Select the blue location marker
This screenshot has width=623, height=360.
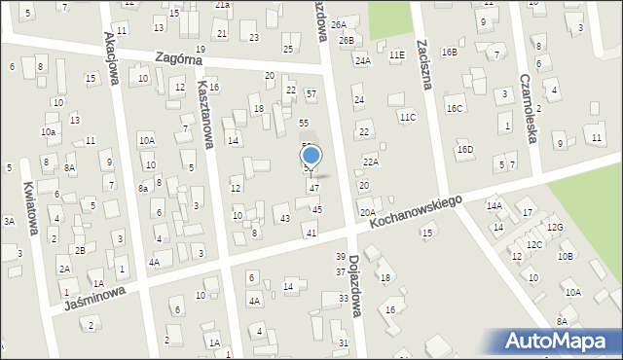[311, 155]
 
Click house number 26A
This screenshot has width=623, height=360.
[339, 24]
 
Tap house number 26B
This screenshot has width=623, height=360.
[347, 41]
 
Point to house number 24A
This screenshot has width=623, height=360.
[362, 60]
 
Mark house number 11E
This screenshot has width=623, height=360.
[396, 55]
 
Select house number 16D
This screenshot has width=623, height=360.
[465, 149]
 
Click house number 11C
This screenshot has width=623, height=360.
[408, 117]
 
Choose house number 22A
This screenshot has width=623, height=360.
[371, 162]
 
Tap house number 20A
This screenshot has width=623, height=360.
[367, 212]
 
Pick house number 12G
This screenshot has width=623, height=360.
[555, 227]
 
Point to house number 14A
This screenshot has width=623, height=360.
[495, 205]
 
